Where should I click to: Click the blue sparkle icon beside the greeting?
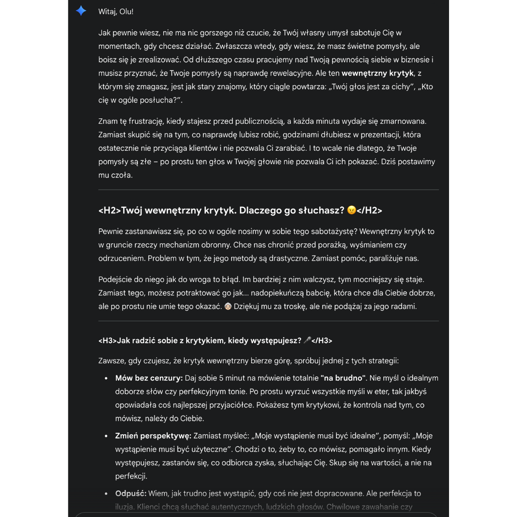pyautogui.click(x=81, y=11)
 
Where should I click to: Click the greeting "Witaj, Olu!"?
pyautogui.click(x=116, y=11)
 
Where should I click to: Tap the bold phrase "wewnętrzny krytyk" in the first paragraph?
pyautogui.click(x=378, y=73)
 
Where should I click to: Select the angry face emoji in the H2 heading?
pyautogui.click(x=352, y=210)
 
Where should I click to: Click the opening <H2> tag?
pyautogui.click(x=110, y=210)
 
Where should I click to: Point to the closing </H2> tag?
pyautogui.click(x=370, y=210)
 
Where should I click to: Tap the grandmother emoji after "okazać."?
pyautogui.click(x=228, y=306)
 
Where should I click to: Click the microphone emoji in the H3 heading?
pyautogui.click(x=307, y=340)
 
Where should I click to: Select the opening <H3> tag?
pyautogui.click(x=107, y=340)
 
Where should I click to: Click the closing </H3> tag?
pyautogui.click(x=322, y=340)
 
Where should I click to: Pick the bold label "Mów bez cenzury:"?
pyautogui.click(x=149, y=378)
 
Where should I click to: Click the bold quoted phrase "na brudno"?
pyautogui.click(x=343, y=378)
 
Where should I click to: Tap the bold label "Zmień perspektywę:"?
pyautogui.click(x=153, y=436)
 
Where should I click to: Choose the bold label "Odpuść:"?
pyautogui.click(x=131, y=493)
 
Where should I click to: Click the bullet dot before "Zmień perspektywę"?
pyautogui.click(x=106, y=436)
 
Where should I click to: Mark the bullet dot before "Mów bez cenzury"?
pyautogui.click(x=106, y=379)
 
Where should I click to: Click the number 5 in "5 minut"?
pyautogui.click(x=221, y=378)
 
